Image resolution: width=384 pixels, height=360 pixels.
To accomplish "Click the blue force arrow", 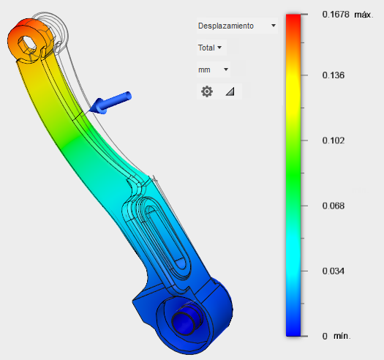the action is click(x=110, y=102).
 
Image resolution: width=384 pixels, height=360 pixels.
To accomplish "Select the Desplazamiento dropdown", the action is click(x=237, y=26).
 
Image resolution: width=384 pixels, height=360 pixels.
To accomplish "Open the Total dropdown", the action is click(x=210, y=48).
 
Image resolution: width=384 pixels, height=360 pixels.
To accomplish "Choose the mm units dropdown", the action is click(x=213, y=70).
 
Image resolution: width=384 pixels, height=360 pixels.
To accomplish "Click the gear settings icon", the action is click(x=207, y=91).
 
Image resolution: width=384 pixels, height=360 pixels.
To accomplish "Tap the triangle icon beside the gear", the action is click(x=230, y=91).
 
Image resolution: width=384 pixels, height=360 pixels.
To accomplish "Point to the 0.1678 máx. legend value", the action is click(x=347, y=15).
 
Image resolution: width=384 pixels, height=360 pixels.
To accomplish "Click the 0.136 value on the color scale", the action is click(x=334, y=75).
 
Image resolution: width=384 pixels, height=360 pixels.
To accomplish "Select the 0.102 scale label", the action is click(x=334, y=140).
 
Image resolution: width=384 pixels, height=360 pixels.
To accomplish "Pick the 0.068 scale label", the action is click(x=334, y=206).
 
